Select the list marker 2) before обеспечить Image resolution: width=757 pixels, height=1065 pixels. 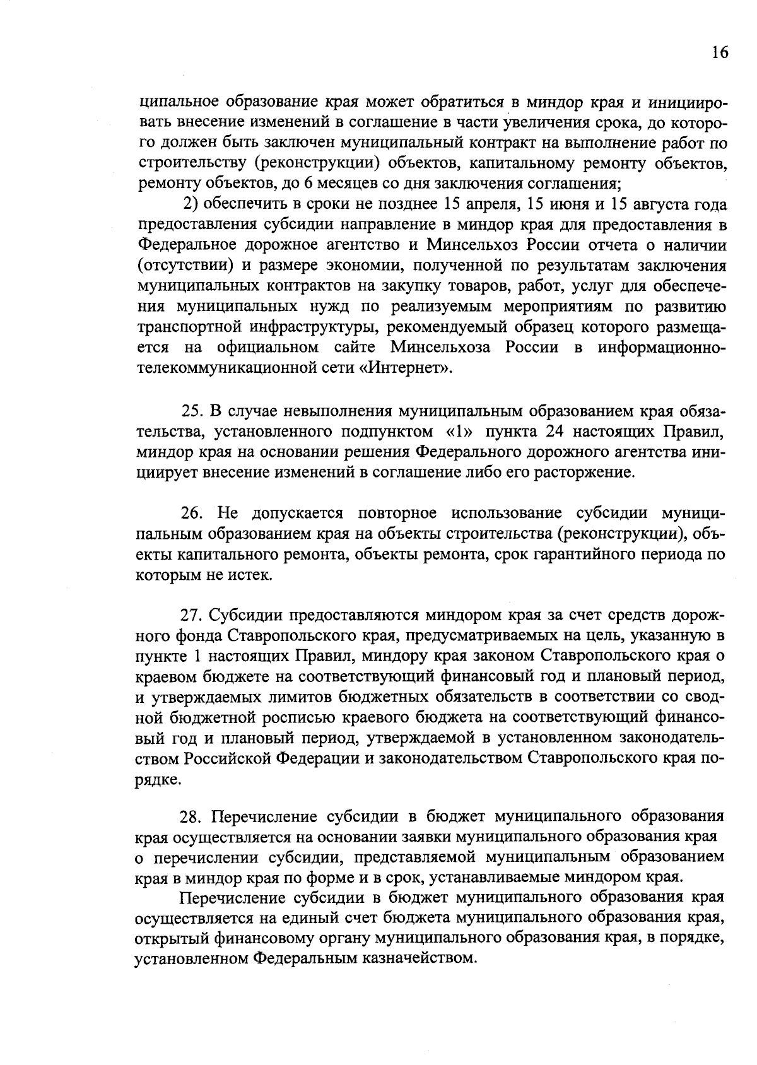tap(191, 205)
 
